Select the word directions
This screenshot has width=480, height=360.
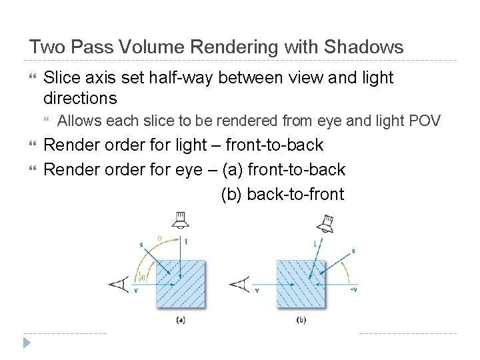pyautogui.click(x=80, y=99)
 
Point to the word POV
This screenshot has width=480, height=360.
pyautogui.click(x=425, y=121)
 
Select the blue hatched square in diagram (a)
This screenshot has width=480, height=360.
pyautogui.click(x=180, y=283)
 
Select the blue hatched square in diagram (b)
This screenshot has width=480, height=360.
pyautogui.click(x=301, y=283)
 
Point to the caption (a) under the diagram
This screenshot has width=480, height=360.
pyautogui.click(x=180, y=320)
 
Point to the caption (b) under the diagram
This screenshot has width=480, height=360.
pyautogui.click(x=301, y=320)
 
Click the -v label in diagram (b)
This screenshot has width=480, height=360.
pyautogui.click(x=353, y=289)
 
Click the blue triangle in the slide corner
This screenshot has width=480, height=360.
pyautogui.click(x=27, y=343)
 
